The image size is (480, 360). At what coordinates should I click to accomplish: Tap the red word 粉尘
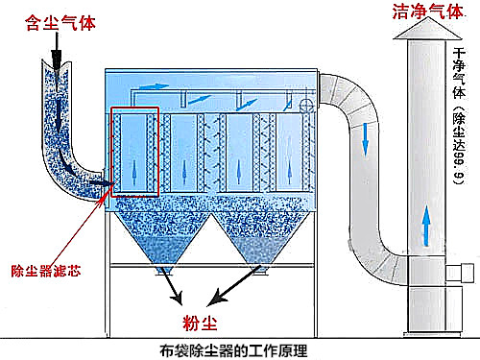click(x=199, y=318)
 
